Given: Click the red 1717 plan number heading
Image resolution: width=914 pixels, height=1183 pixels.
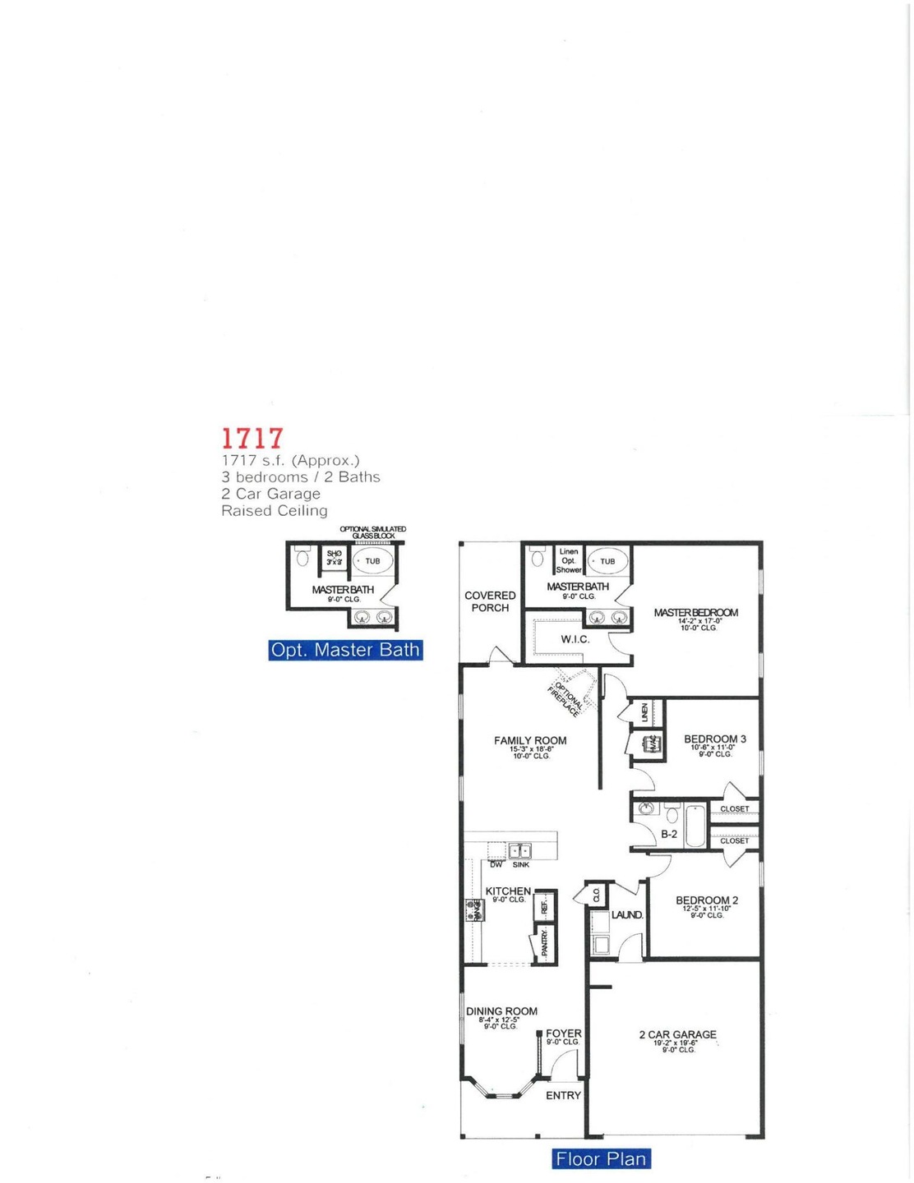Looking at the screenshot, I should [252, 438].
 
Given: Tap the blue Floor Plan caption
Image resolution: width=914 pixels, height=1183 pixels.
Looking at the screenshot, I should [601, 1158].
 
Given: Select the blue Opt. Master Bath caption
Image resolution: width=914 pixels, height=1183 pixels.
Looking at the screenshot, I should [345, 650].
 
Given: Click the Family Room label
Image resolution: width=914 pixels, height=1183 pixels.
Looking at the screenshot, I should [530, 740].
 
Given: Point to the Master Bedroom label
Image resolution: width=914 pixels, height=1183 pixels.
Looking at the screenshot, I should [695, 613].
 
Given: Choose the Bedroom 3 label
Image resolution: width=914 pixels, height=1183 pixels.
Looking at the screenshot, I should [714, 739].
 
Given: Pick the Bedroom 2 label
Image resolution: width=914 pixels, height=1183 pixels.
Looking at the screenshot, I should [706, 900].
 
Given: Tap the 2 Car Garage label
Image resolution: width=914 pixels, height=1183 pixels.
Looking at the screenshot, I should [677, 1034].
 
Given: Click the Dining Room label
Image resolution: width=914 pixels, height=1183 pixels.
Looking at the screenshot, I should [501, 1011].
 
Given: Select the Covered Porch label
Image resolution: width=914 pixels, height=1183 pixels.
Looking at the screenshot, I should [490, 601].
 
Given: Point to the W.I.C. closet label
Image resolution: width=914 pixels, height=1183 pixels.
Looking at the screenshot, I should [575, 639].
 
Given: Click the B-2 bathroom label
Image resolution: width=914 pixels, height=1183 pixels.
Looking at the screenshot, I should [669, 834].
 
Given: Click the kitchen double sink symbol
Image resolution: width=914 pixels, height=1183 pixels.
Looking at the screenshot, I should [519, 851].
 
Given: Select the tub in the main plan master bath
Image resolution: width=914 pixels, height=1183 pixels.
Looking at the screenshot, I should [607, 562].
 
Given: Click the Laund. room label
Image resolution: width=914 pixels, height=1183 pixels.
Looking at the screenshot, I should [626, 914].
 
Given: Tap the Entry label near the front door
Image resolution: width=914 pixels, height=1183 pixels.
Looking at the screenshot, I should [563, 1095].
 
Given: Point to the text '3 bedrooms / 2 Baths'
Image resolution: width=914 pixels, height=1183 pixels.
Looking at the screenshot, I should [300, 477].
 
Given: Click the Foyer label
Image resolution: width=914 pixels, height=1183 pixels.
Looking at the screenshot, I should [563, 1033].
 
